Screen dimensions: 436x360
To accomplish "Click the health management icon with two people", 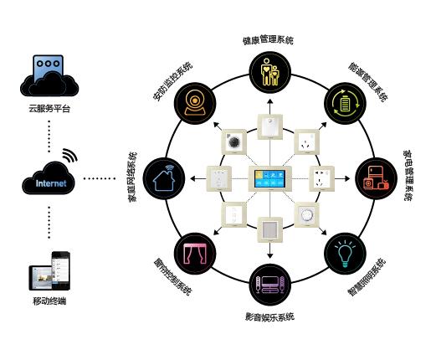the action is click(x=269, y=72).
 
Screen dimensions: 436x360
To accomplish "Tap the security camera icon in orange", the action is click(x=195, y=104).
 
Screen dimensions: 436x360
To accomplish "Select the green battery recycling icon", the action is click(x=345, y=104).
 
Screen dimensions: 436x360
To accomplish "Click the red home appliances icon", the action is click(x=376, y=178).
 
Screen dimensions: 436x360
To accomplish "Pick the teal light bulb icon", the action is click(x=345, y=253).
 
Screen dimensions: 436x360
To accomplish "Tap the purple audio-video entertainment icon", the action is click(x=269, y=285).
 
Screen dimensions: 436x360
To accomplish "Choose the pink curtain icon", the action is click(x=195, y=253).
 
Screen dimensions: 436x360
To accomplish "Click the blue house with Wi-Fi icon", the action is click(x=164, y=178).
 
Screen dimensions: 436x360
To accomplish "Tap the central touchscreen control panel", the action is click(x=270, y=178).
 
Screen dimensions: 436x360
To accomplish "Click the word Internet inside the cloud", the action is click(x=51, y=183).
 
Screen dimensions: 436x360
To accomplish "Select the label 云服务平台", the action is click(x=49, y=108).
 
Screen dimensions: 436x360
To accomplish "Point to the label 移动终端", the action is click(x=49, y=301).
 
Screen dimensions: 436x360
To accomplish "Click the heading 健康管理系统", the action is click(x=268, y=39).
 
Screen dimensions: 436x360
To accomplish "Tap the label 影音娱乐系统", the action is click(x=269, y=317).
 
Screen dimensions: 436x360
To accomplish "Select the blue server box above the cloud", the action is click(x=48, y=68).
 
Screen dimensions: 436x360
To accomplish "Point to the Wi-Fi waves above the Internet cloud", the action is click(x=69, y=155).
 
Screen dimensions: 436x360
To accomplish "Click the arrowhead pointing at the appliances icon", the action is click(x=347, y=178).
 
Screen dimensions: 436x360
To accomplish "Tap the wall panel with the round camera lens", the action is click(x=233, y=142).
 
